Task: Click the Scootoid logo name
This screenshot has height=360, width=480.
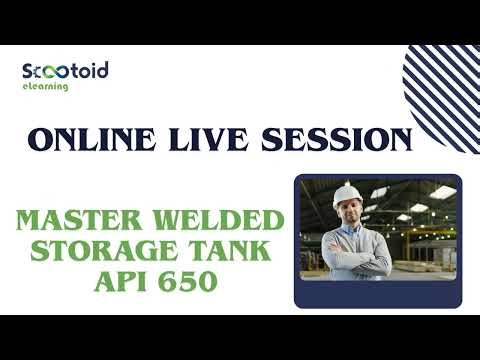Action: coord(65,71)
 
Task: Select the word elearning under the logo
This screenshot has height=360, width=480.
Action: coord(45,87)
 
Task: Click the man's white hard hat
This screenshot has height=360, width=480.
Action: coord(345,192)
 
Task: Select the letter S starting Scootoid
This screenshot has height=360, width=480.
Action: coord(28,71)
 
